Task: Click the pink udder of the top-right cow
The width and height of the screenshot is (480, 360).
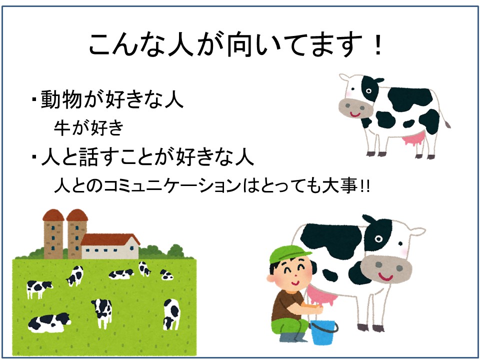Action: [x=413, y=139]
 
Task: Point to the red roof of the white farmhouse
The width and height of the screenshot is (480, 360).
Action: [x=109, y=239]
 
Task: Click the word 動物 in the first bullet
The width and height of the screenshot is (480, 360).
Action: [x=61, y=99]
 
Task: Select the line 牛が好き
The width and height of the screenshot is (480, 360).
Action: [x=89, y=127]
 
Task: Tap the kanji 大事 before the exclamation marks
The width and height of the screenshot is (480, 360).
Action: [x=340, y=186]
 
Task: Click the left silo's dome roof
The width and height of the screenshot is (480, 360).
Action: [x=53, y=215]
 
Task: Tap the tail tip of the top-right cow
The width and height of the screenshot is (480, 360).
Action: [x=447, y=124]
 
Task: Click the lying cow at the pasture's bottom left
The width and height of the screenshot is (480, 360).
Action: [x=49, y=323]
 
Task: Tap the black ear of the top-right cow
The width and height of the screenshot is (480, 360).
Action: [x=378, y=80]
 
